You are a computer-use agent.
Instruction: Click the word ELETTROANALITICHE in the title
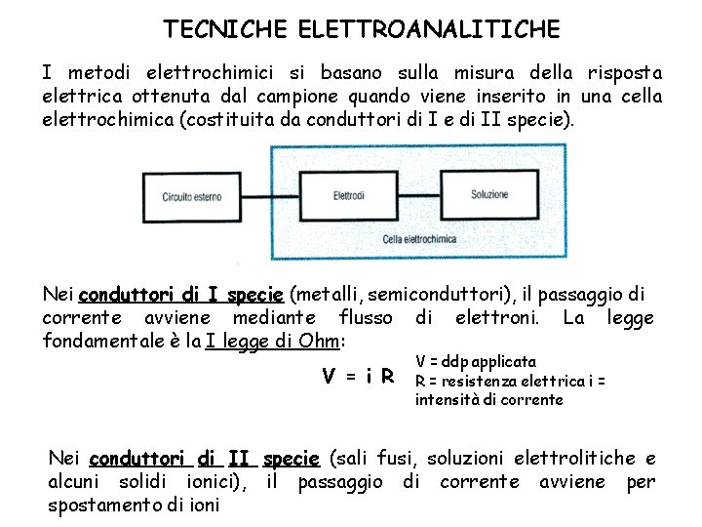click(x=423, y=29)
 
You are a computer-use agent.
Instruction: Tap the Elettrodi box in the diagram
click(x=348, y=194)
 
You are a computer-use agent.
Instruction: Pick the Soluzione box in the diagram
click(x=489, y=194)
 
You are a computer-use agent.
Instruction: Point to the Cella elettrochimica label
click(x=419, y=238)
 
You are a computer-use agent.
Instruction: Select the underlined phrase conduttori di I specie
click(x=180, y=295)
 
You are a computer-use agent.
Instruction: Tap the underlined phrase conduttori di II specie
click(x=204, y=459)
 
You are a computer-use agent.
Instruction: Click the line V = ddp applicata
click(x=476, y=362)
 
